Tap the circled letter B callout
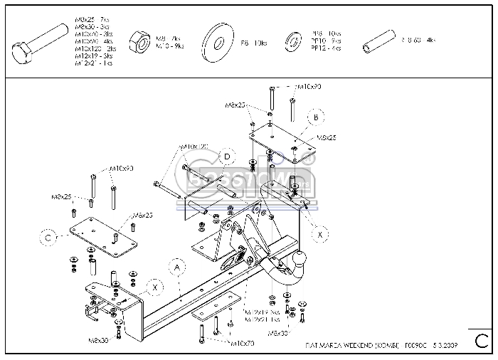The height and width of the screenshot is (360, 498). [x=315, y=117]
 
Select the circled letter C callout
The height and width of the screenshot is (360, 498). [x=47, y=239]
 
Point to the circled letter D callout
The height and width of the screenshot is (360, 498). [x=227, y=157]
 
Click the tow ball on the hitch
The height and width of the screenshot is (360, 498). [x=302, y=257]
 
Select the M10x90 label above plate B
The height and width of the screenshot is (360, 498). [x=308, y=87]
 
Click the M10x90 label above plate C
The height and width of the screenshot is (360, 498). [x=122, y=169]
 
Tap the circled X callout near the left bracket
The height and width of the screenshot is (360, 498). [x=154, y=287]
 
